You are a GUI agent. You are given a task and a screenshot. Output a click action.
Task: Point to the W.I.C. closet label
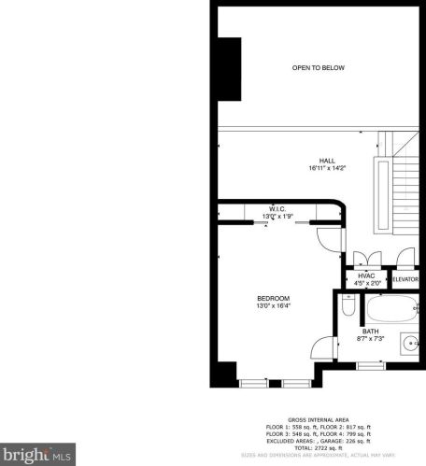277,208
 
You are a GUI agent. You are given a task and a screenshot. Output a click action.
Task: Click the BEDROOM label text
273,298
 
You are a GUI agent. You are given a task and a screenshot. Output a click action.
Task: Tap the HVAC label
365,277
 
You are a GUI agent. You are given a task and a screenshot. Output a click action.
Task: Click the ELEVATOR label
404,279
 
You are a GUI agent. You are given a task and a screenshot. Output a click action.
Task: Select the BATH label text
371,331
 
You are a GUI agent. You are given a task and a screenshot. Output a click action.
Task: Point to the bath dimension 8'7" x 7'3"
371,338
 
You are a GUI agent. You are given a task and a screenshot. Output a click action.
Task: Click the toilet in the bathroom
347,305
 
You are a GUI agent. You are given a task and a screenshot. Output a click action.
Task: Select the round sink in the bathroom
407,343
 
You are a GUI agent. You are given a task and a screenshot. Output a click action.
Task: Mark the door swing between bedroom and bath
322,347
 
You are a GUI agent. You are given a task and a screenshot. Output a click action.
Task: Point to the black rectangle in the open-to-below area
229,69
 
